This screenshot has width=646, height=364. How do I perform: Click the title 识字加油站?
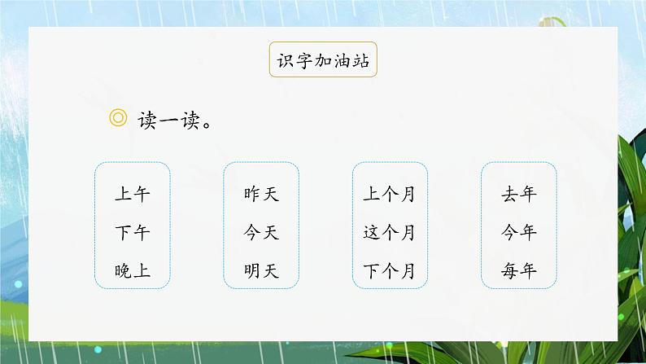323,60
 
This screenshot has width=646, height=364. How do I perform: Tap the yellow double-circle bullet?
118,119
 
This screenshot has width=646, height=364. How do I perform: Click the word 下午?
133,233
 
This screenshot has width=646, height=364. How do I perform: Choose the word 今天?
261,233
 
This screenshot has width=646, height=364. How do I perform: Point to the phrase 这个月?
390,233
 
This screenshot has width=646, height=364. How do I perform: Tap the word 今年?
519,233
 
